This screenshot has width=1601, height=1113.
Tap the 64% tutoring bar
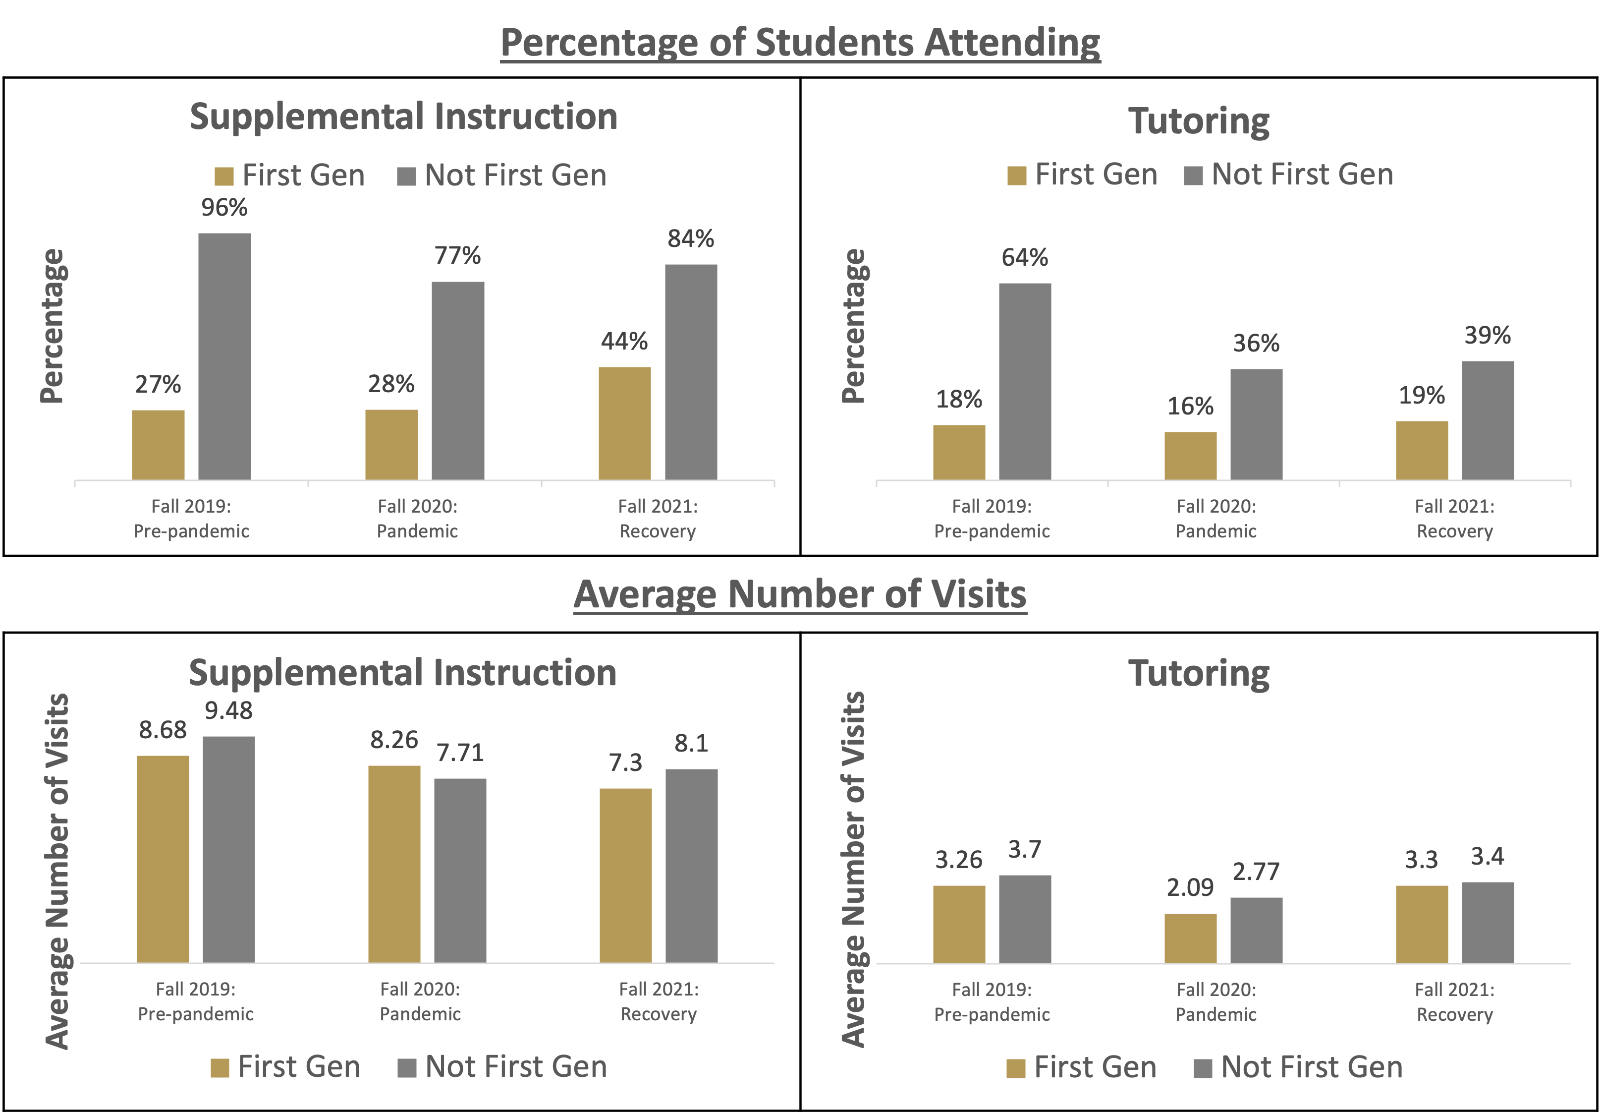(1025, 381)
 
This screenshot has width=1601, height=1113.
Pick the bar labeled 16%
(1191, 456)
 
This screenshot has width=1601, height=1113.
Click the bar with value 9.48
(228, 849)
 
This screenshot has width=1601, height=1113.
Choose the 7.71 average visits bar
(460, 870)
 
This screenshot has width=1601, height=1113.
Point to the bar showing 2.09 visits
(1191, 938)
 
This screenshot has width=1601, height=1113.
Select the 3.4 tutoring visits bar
(1488, 922)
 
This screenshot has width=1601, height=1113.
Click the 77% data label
(457, 255)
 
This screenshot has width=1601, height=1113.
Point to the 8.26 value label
(394, 740)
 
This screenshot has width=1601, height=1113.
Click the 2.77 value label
(1256, 872)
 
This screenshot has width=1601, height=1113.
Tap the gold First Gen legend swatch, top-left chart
(224, 176)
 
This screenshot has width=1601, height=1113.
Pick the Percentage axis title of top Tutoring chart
(853, 326)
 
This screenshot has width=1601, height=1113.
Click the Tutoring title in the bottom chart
(1198, 674)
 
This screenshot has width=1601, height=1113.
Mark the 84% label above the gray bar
(690, 238)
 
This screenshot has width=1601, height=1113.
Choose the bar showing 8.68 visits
(163, 859)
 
